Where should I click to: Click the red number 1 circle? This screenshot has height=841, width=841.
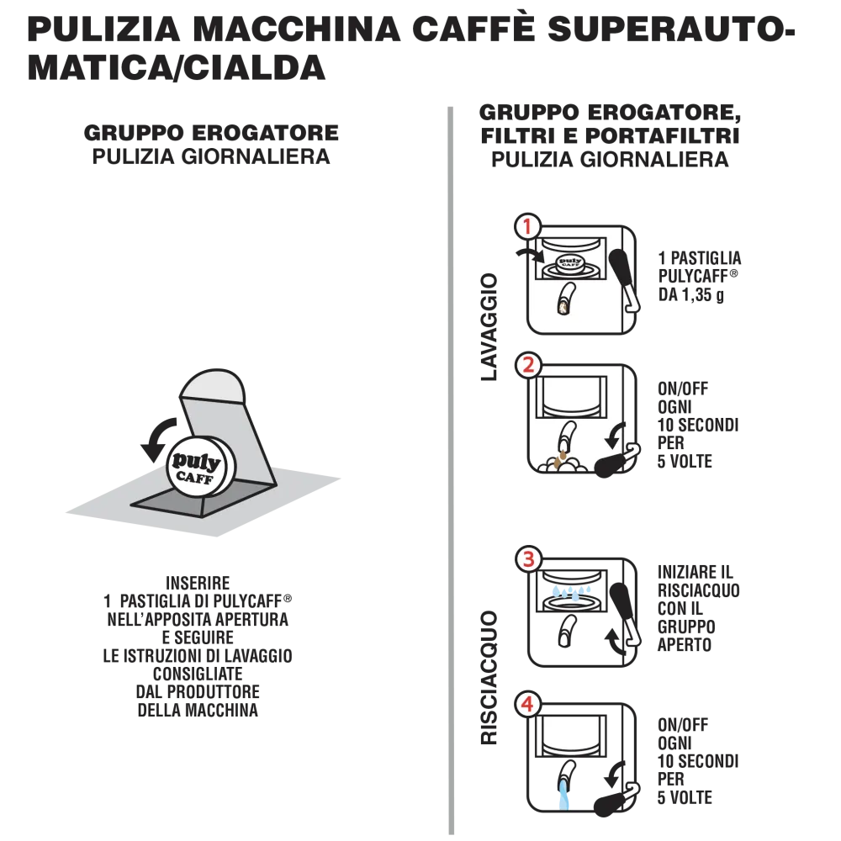(526, 227)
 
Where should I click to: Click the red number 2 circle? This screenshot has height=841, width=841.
(527, 366)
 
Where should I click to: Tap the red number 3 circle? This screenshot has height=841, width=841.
(527, 559)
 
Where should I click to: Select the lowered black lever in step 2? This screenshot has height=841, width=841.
(612, 462)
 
